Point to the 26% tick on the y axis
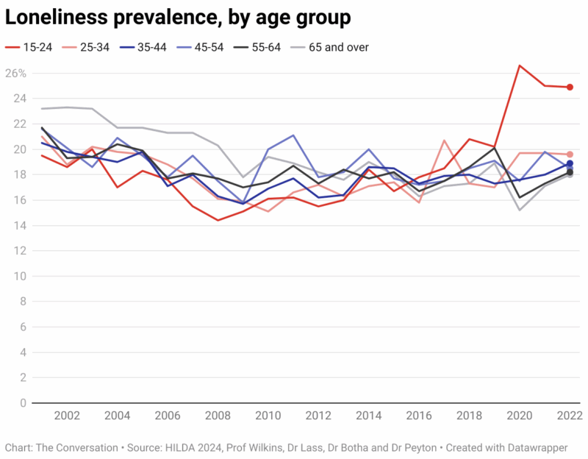coord(16,74)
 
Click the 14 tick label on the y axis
coord(21,226)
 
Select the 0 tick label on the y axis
coord(24,403)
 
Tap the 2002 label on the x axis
coord(68,416)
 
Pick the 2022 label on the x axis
coord(568,416)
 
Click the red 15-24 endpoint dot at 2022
coord(570,87)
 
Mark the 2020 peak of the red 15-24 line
coord(520,65)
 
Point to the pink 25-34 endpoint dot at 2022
coord(570,154)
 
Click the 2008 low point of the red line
coord(218,220)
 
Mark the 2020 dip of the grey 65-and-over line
coord(520,210)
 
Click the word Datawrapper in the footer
coord(539,447)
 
